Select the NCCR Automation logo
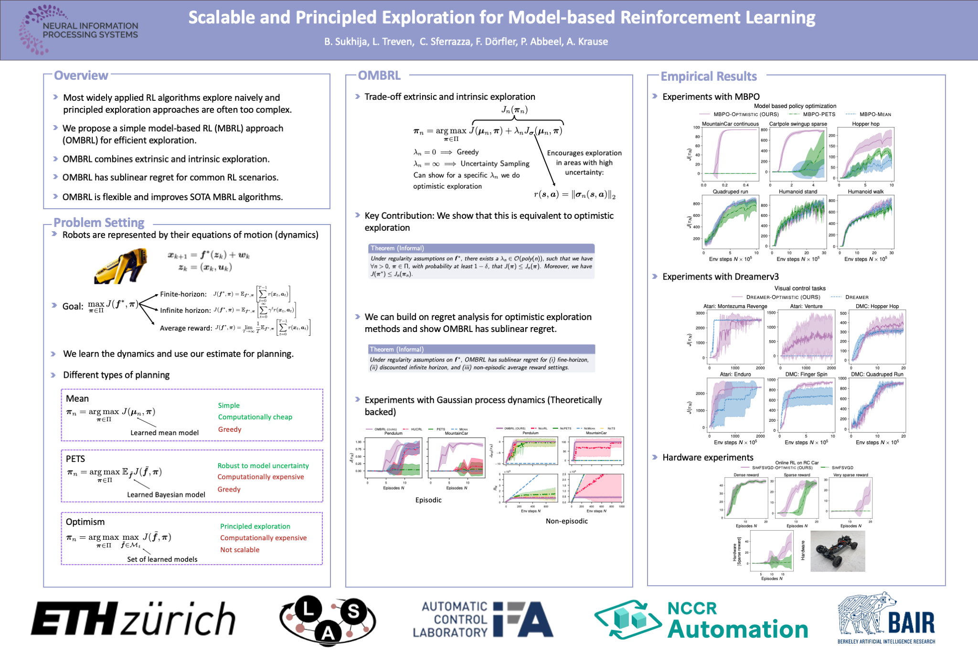pyautogui.click(x=701, y=620)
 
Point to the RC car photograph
pyautogui.click(x=838, y=551)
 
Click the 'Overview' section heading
pyautogui.click(x=81, y=75)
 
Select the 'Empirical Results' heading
pyautogui.click(x=708, y=76)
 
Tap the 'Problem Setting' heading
pyautogui.click(x=99, y=223)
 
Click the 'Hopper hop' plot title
pyautogui.click(x=865, y=124)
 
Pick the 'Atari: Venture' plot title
pyautogui.click(x=806, y=307)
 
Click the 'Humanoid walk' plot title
pyautogui.click(x=865, y=192)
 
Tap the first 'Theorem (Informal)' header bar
pyautogui.click(x=481, y=248)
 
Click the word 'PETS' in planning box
pyautogui.click(x=75, y=459)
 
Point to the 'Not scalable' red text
pyautogui.click(x=240, y=550)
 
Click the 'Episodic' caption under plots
pyautogui.click(x=428, y=500)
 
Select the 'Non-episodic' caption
pyautogui.click(x=566, y=521)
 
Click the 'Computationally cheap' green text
pyautogui.click(x=255, y=417)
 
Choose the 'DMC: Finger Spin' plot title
pyautogui.click(x=806, y=374)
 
